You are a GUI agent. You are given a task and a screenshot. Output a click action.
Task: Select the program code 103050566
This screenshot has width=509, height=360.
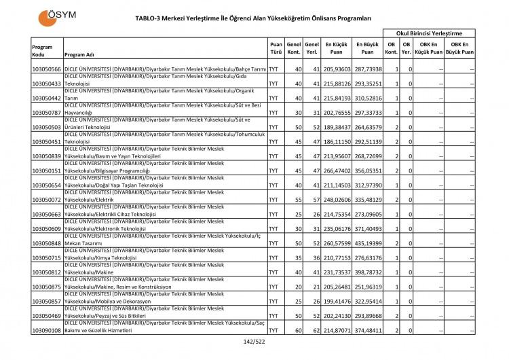(47, 69)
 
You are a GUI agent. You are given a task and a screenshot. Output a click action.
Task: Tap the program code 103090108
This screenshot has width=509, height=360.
(47, 330)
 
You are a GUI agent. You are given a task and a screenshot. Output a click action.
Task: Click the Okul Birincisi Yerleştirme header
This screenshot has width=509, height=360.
(428, 33)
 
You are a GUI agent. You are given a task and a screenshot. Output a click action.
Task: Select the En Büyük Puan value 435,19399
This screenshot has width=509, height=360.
(368, 243)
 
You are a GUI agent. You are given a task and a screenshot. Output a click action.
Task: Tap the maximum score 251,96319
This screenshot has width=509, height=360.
(368, 287)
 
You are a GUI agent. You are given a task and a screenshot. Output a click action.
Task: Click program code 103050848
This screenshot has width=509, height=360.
(47, 243)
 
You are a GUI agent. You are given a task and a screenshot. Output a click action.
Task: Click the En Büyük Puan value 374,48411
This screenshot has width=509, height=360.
(368, 330)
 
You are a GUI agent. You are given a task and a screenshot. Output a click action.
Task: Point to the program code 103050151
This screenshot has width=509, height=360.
(47, 170)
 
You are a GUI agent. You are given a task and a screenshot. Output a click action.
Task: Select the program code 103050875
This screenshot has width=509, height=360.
(47, 287)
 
